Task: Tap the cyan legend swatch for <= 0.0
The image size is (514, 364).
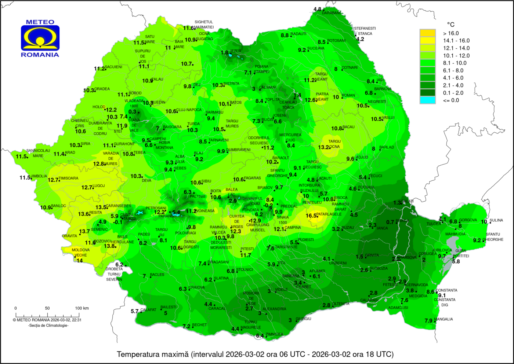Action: [427, 100]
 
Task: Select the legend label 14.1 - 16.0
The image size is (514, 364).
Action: [456, 41]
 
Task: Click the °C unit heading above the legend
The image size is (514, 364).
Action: [450, 25]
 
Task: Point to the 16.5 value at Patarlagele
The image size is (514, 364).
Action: [311, 216]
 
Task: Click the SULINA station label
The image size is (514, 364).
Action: [496, 220]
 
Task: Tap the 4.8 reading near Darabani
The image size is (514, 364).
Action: [317, 9]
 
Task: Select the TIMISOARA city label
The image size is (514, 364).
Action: [68, 178]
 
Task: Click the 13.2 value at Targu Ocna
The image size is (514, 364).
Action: [323, 147]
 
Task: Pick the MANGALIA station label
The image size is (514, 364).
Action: [443, 319]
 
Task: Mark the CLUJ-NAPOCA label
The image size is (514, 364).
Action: [189, 110]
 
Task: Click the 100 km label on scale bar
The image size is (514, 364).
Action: [82, 308]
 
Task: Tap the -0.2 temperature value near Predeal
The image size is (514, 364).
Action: [268, 206]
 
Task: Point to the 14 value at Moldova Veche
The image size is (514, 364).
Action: [79, 261]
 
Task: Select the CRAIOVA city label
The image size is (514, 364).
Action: [196, 287]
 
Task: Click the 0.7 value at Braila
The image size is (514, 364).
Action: [390, 222]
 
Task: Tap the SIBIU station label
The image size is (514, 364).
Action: [206, 181]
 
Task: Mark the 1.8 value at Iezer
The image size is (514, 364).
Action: [224, 52]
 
